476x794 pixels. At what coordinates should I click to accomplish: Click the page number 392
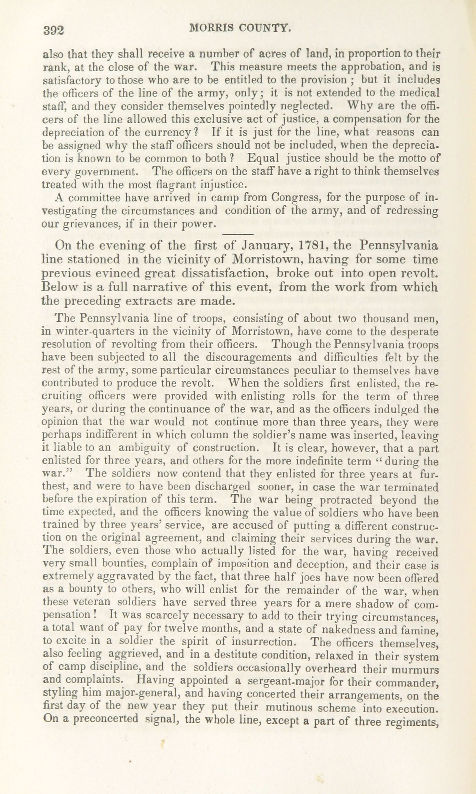click(x=55, y=30)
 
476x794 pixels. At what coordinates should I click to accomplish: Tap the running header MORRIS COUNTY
click(x=240, y=28)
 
